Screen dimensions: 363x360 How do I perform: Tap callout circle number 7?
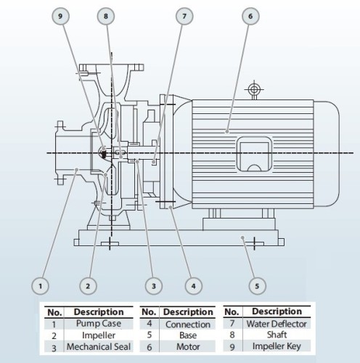click(184, 16)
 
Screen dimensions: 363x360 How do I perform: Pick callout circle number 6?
click(250, 16)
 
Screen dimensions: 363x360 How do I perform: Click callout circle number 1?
click(43, 285)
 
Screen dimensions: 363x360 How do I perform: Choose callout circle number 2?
click(89, 285)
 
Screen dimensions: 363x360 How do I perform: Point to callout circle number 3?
click(153, 285)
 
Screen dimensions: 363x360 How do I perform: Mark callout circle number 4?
click(193, 285)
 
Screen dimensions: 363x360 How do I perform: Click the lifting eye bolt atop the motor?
click(253, 91)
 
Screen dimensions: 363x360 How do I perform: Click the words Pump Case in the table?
click(97, 325)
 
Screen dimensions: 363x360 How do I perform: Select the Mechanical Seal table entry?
click(97, 346)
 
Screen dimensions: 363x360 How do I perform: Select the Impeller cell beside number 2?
click(97, 335)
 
